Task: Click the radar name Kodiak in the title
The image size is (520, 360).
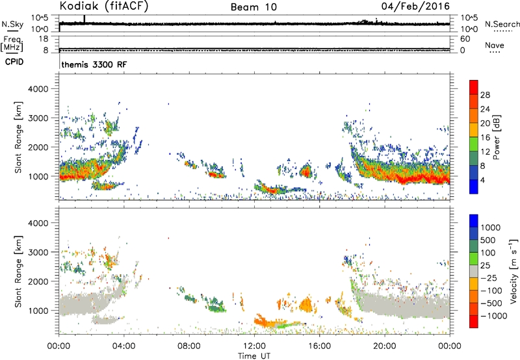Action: tap(79, 6)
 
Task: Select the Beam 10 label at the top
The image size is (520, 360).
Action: tap(253, 7)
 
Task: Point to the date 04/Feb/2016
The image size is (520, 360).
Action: tap(415, 6)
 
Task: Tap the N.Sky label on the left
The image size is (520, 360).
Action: tap(12, 24)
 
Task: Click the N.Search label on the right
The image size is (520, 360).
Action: tap(502, 24)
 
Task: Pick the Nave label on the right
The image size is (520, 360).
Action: tap(495, 45)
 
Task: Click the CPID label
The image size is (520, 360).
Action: tap(14, 62)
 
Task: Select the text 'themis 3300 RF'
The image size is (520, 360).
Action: tap(94, 64)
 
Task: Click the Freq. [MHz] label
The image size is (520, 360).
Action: tap(12, 44)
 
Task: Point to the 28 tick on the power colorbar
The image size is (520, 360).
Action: tap(485, 95)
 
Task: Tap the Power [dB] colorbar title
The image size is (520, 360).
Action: tap(496, 137)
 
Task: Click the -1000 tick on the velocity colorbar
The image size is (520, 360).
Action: tap(493, 316)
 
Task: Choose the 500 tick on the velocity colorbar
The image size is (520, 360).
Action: tap(489, 240)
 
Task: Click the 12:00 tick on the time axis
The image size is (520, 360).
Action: tap(254, 346)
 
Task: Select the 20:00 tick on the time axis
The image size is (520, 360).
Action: tap(385, 346)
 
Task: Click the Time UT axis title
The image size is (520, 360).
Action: tap(254, 356)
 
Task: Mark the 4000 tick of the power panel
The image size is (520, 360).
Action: tap(38, 89)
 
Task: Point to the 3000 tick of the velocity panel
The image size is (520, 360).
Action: tap(38, 252)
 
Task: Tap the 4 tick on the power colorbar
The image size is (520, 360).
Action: tap(482, 180)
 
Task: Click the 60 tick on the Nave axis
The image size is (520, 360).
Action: tap(465, 39)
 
